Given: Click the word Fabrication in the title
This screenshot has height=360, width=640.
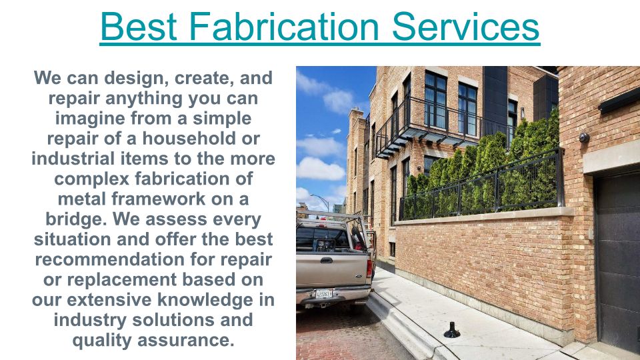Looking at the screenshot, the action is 284,27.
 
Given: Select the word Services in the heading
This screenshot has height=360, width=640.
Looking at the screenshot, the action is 466,27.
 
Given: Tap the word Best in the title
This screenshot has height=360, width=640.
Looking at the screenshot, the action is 139,27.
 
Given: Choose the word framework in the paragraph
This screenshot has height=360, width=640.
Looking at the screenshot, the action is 159,199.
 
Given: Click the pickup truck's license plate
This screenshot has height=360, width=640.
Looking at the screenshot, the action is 324,293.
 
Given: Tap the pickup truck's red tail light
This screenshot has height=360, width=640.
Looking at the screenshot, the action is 369,268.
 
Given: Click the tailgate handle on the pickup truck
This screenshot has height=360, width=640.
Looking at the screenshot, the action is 327,260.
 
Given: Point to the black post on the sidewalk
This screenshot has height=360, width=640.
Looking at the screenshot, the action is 452,331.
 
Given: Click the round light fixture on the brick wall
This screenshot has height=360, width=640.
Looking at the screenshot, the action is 584,137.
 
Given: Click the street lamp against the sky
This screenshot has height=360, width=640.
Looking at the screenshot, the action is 321,201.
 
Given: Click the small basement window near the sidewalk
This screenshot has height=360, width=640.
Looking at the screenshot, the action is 392,249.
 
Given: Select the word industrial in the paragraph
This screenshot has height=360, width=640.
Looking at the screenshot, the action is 73,159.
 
